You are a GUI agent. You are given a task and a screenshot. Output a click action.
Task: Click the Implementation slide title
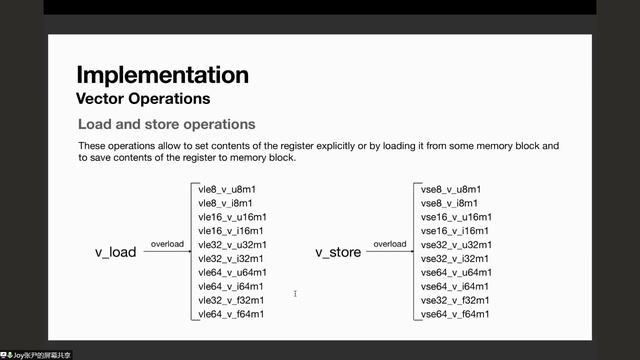[162, 75]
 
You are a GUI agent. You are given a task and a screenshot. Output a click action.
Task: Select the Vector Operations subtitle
[143, 99]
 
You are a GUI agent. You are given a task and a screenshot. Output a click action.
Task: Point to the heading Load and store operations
[166, 125]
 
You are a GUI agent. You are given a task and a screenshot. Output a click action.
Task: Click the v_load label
[115, 253]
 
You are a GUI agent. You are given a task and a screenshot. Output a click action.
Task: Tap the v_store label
[337, 253]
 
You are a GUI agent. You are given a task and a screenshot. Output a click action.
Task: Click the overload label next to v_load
[166, 244]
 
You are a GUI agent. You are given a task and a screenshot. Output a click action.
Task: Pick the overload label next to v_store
[388, 244]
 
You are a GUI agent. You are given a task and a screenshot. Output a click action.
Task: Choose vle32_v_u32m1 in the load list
[232, 245]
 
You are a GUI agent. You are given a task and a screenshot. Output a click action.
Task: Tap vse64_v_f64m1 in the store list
[456, 315]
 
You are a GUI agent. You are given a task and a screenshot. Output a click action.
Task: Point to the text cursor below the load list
[294, 294]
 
